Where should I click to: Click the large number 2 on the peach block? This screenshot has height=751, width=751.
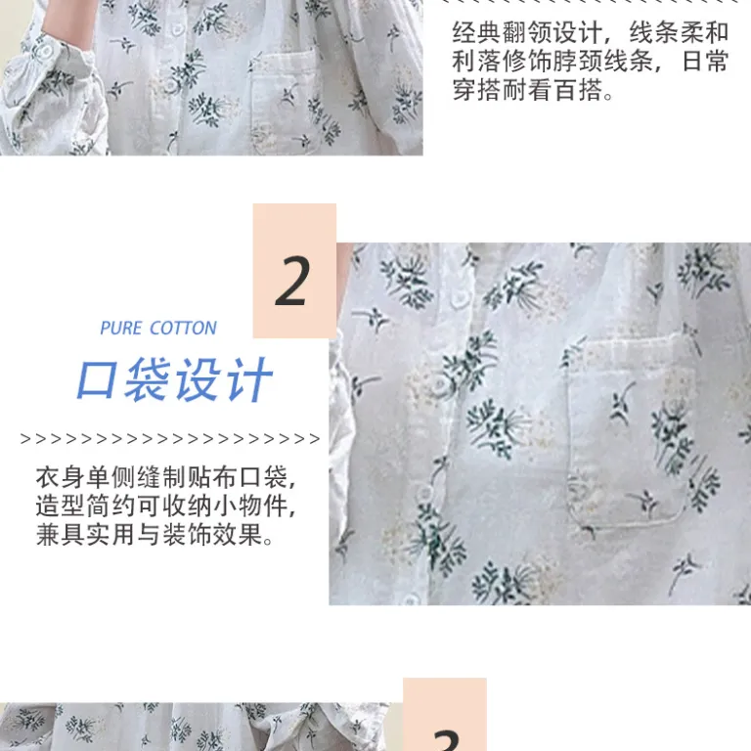(290, 281)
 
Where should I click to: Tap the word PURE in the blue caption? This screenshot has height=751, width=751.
(120, 329)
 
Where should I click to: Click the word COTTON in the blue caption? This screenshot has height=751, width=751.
(184, 329)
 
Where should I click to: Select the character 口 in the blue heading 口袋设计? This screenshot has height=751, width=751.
(97, 380)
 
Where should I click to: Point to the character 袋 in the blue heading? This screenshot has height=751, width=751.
(149, 379)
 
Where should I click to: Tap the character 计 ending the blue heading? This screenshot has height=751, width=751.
(250, 379)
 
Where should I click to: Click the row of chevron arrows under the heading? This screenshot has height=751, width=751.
(170, 439)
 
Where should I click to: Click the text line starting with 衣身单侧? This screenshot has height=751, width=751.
(165, 477)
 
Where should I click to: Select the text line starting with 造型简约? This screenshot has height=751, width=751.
(165, 506)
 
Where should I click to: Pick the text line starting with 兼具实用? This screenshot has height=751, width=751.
(155, 535)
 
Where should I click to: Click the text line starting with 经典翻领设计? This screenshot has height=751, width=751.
(591, 32)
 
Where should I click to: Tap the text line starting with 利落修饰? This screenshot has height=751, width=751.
(591, 62)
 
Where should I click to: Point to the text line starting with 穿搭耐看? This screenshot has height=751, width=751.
(533, 90)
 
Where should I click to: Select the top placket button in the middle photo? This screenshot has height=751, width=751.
(461, 298)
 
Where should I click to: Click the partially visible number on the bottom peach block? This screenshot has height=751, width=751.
(446, 740)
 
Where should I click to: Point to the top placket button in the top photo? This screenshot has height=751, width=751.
(178, 28)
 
